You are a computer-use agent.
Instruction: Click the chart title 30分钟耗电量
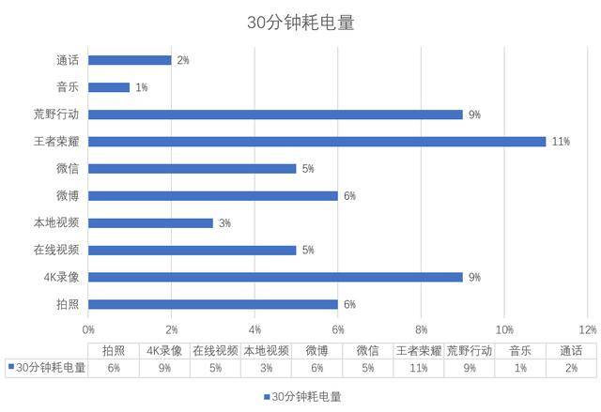click(300, 22)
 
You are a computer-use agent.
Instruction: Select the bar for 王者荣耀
click(316, 142)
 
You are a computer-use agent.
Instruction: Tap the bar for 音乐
click(109, 87)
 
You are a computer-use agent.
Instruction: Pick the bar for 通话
click(130, 60)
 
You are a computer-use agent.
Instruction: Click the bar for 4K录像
click(275, 277)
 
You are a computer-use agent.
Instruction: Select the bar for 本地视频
click(150, 223)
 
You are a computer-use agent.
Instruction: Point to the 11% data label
click(562, 142)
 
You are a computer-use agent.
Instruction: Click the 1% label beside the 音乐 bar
click(142, 87)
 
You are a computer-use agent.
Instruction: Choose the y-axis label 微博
click(68, 196)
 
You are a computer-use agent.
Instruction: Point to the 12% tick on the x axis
click(588, 330)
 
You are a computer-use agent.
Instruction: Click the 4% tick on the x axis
click(255, 330)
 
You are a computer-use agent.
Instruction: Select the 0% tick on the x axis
click(88, 330)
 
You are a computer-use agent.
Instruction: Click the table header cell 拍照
click(114, 350)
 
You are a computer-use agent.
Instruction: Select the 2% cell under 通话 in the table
click(570, 368)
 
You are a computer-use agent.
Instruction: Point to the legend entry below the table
click(300, 396)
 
